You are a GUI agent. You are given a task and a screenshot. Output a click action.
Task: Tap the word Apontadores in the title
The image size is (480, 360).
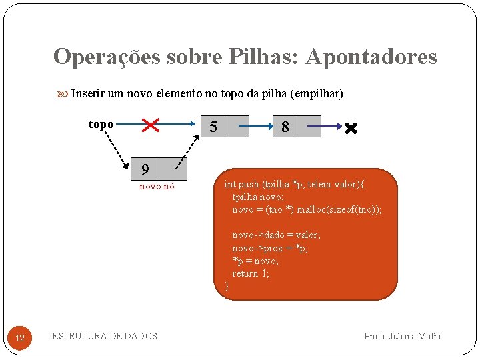(x=371, y=57)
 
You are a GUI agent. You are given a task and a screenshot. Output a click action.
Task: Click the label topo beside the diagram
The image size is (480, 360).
(x=101, y=124)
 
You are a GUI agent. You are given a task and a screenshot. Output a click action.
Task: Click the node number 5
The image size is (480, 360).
(x=213, y=127)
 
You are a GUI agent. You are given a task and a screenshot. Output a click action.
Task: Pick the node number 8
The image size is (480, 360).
(x=285, y=127)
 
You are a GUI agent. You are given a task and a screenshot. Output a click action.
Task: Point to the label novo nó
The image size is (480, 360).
(x=157, y=187)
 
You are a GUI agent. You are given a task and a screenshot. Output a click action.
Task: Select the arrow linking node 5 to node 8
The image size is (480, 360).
(x=248, y=125)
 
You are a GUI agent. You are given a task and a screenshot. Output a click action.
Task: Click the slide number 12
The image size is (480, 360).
(x=19, y=339)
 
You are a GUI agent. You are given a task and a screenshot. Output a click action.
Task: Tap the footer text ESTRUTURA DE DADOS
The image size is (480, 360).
(x=105, y=336)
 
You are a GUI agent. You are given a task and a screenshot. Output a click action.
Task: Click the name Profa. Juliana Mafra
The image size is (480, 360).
(x=402, y=336)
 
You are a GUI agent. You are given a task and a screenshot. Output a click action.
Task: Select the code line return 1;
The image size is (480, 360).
(x=251, y=273)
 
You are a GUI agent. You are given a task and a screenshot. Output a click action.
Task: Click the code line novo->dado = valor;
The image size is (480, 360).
(x=276, y=235)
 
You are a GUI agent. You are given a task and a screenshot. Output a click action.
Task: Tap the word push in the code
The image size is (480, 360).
(x=249, y=184)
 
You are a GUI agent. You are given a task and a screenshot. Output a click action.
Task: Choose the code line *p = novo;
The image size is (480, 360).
(x=255, y=261)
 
